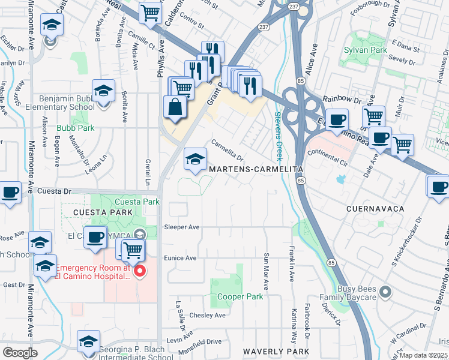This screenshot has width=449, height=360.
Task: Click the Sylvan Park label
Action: click(x=366, y=51)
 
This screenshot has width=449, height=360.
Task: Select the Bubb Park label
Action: click(x=76, y=128)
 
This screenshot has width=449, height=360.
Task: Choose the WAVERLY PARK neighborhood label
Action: click(x=276, y=352)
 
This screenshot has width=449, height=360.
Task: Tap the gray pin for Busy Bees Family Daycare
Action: click(x=385, y=292)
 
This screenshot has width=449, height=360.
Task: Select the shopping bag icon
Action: click(x=175, y=108)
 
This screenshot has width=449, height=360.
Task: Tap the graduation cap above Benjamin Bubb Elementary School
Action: click(x=104, y=91)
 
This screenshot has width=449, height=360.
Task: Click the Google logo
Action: click(x=20, y=353)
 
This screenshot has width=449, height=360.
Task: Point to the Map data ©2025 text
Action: click(x=424, y=355)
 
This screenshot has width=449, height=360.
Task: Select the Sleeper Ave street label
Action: click(x=181, y=227)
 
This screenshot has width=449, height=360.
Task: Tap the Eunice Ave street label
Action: click(x=181, y=258)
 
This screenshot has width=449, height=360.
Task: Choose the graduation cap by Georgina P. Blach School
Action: click(x=89, y=342)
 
